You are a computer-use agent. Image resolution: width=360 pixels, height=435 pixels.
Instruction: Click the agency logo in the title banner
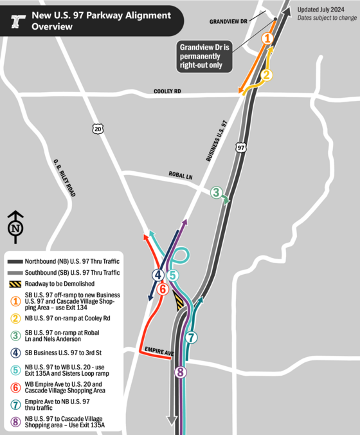17,22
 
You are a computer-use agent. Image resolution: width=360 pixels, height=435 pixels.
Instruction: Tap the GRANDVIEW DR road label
229,21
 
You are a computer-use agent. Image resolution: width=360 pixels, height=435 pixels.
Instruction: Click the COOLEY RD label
168,92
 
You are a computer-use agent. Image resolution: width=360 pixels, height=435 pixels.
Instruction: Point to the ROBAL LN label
180,176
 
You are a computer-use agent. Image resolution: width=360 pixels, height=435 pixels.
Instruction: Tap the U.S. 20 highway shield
97,129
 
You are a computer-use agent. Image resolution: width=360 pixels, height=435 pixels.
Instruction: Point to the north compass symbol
15,226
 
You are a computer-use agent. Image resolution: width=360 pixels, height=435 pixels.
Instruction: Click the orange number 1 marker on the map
267,39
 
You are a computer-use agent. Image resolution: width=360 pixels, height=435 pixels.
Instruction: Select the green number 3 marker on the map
217,192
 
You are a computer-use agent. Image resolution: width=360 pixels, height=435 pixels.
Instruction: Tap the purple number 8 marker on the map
181,372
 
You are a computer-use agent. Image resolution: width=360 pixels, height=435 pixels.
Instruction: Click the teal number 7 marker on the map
192,337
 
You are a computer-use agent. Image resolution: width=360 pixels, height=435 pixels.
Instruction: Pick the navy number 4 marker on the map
157,275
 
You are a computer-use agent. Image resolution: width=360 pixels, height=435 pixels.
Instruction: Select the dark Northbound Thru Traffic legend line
15,261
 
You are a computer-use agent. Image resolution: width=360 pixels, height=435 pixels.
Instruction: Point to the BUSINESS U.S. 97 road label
217,140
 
